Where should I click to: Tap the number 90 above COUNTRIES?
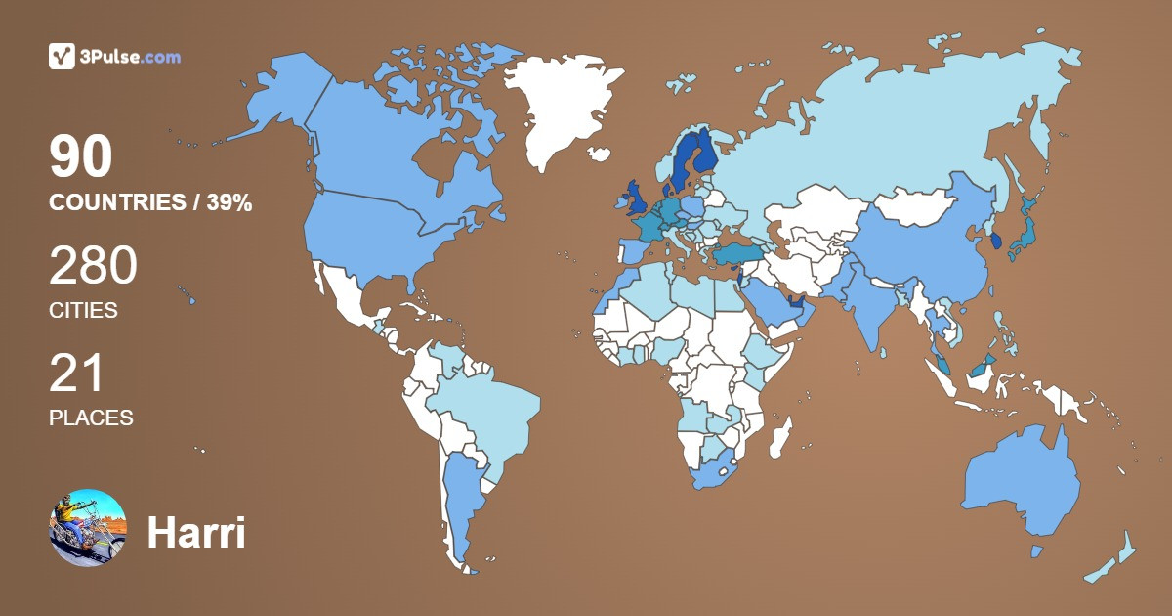click(x=81, y=157)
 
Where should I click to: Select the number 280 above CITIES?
click(x=93, y=266)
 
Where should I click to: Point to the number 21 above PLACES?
click(x=76, y=374)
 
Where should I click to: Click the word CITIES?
click(x=83, y=311)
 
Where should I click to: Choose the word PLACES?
click(x=91, y=418)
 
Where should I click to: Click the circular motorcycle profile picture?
click(x=88, y=527)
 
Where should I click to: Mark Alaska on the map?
click(x=278, y=98)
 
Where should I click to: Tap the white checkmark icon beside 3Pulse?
click(x=63, y=57)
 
